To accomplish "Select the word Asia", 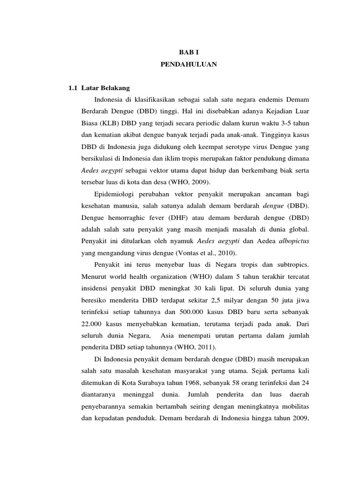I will (x=170, y=336).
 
